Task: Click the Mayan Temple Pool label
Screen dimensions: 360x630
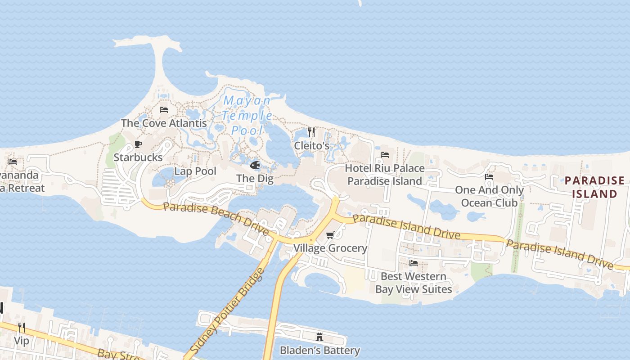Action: [x=247, y=116]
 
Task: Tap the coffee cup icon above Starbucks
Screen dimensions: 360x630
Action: [x=138, y=144]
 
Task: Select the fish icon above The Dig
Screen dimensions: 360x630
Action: [x=255, y=165]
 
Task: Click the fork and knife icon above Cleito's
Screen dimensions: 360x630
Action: [x=311, y=132]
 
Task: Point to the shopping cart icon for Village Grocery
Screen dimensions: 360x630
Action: [x=330, y=235]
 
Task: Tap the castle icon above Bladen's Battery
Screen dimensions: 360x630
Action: [x=319, y=337]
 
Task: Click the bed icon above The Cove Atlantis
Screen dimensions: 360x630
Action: [x=164, y=110]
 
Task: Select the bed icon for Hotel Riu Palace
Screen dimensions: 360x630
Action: [x=385, y=155]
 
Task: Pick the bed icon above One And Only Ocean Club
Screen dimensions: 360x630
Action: [x=489, y=177]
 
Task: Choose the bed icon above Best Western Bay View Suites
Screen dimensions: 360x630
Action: [x=414, y=263]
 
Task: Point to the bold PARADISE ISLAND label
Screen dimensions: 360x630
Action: [x=594, y=187]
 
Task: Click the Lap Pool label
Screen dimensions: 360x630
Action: [x=195, y=171]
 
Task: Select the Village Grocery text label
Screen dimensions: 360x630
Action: [x=330, y=248]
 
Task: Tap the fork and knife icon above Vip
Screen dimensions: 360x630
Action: [x=21, y=327]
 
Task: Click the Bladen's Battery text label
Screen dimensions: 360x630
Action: [x=319, y=350]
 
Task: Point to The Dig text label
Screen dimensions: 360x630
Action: [x=255, y=178]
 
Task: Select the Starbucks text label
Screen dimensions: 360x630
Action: [x=138, y=157]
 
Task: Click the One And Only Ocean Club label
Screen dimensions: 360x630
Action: [x=489, y=196]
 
